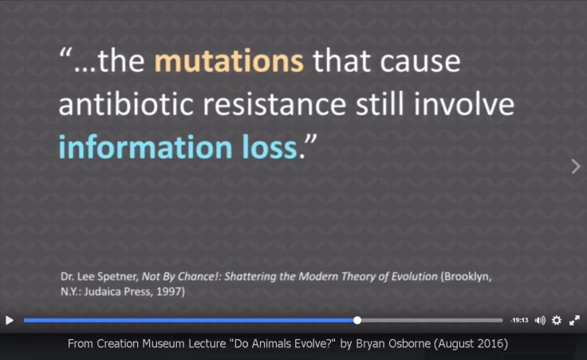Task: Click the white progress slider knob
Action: coord(357,320)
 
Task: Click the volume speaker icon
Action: coord(540,320)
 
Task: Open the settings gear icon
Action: coord(557,320)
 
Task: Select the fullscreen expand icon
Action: coord(574,320)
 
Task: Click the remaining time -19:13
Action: coord(520,320)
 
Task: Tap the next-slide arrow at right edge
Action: coord(576,166)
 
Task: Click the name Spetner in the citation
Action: coord(119,277)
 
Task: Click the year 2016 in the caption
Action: coord(491,344)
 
